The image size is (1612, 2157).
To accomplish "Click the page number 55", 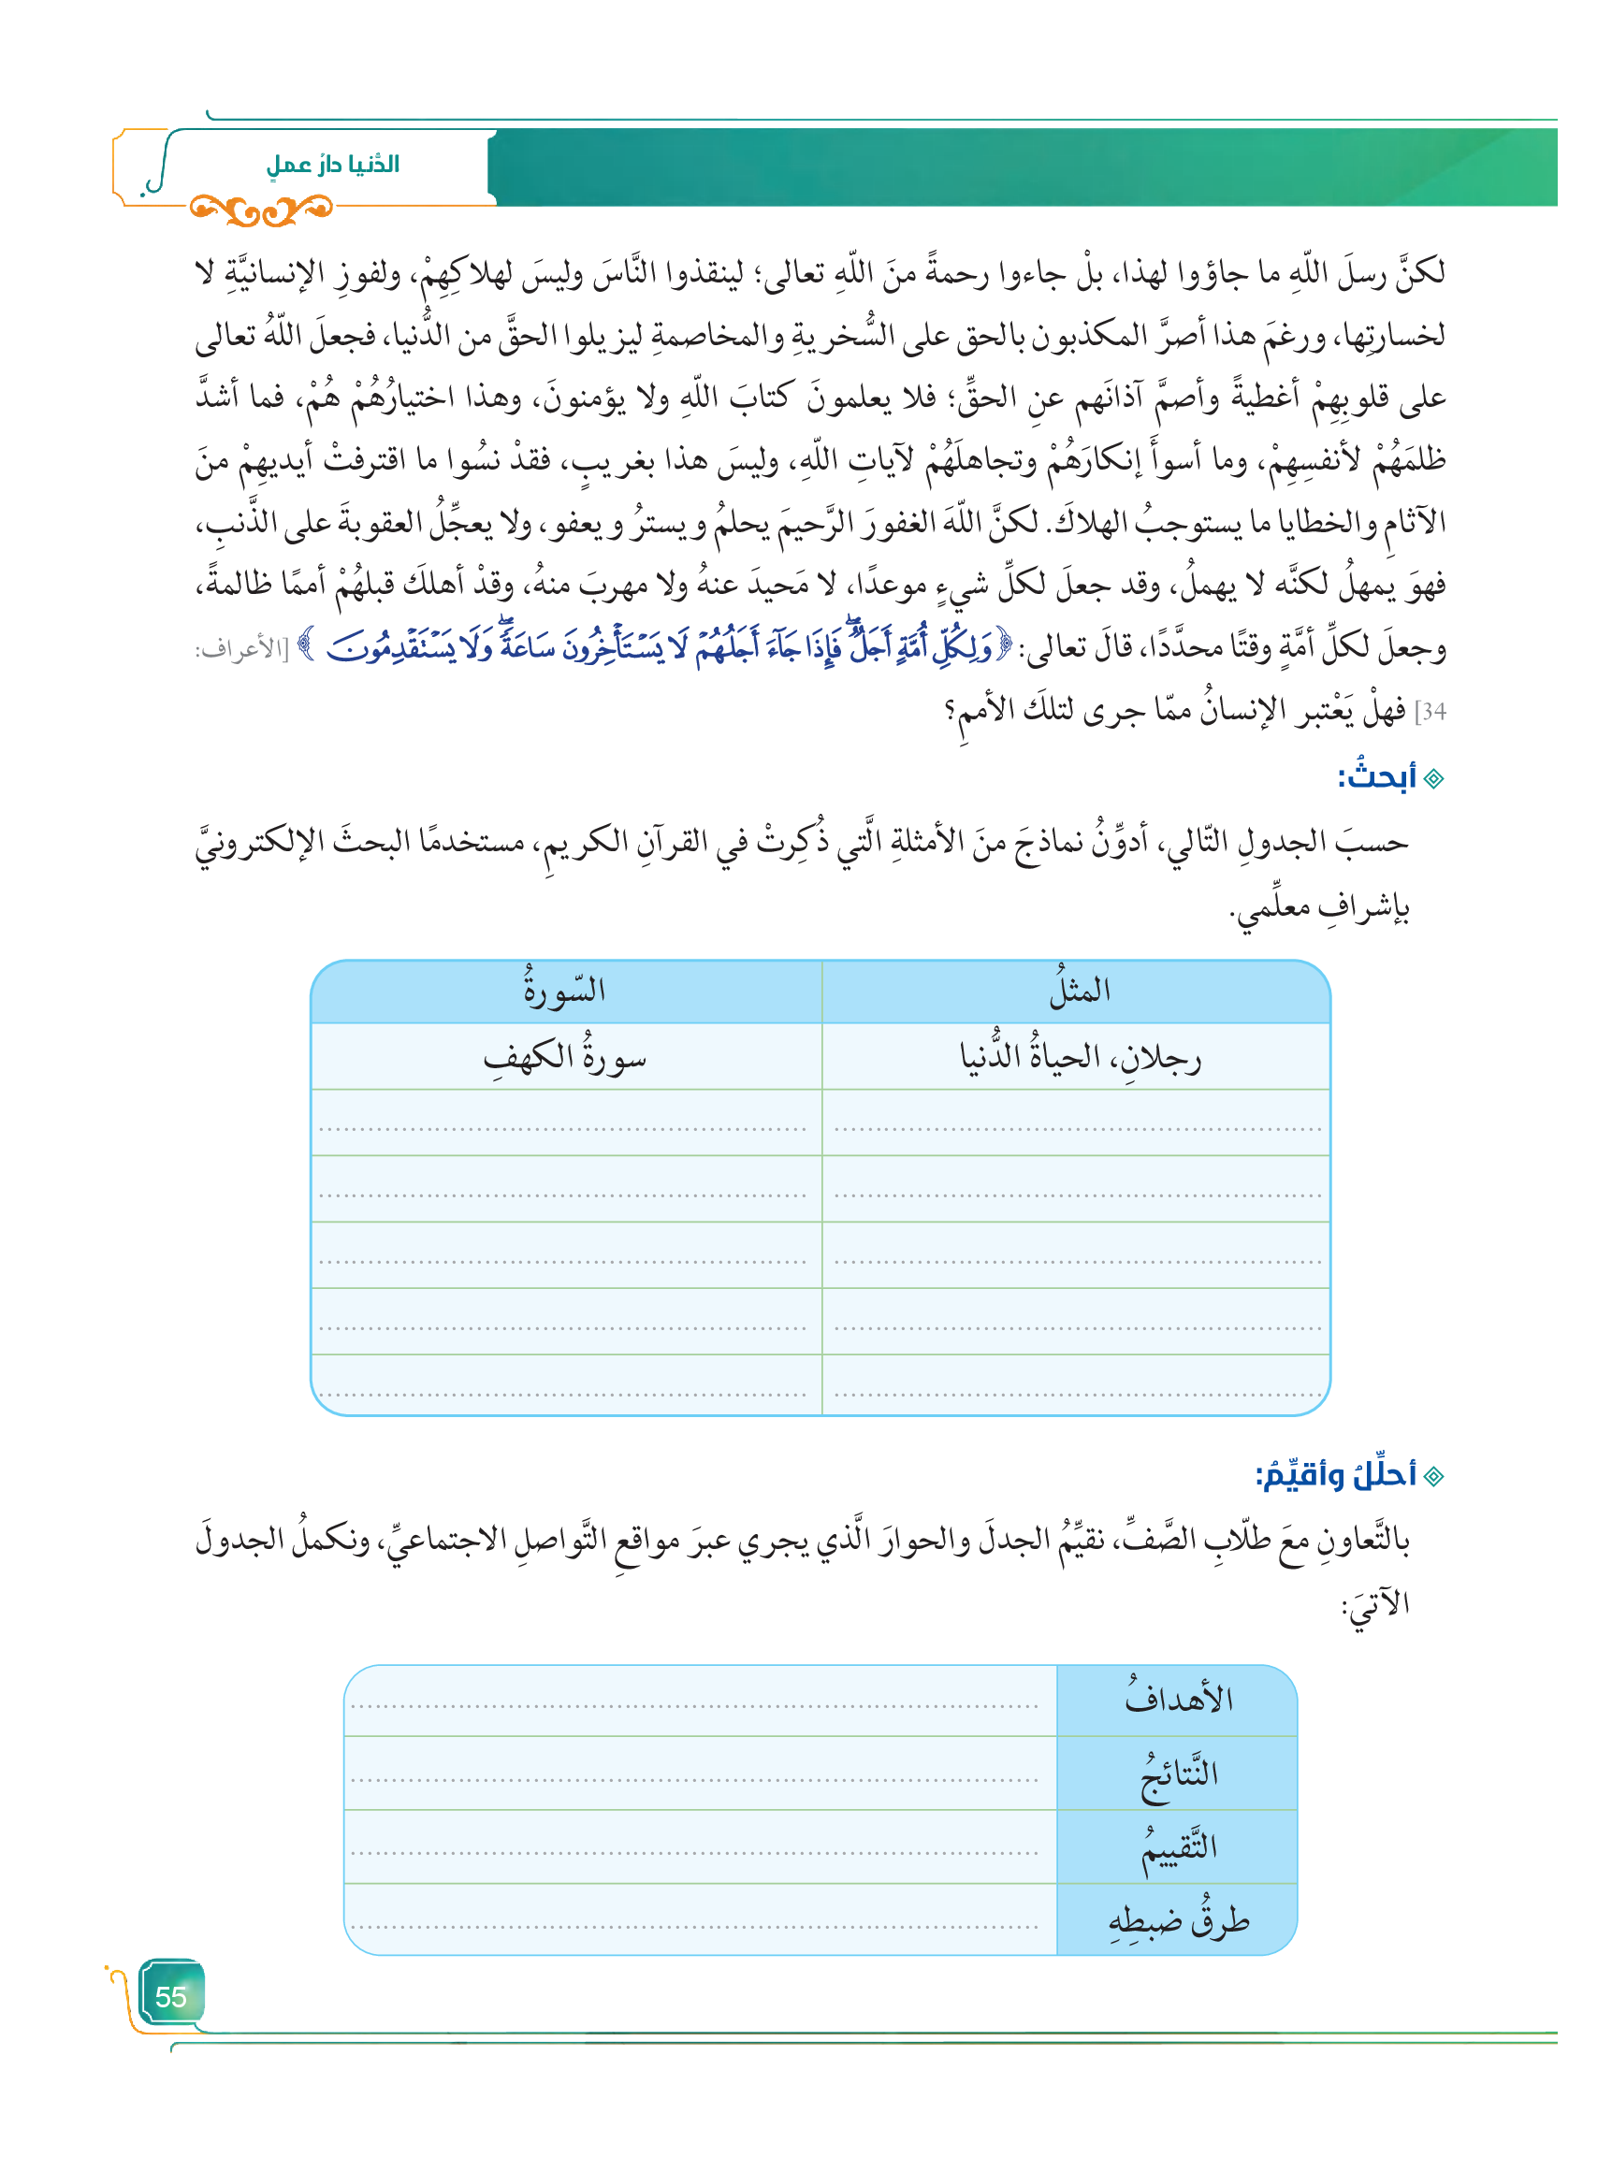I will point(170,1996).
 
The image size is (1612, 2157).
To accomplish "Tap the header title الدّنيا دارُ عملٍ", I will point(332,164).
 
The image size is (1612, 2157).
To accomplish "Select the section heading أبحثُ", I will point(1376,777).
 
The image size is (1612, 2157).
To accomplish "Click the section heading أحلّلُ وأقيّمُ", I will point(1335,1475).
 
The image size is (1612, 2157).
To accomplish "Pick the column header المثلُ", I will point(1080,991).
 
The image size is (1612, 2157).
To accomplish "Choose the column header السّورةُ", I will point(565,991).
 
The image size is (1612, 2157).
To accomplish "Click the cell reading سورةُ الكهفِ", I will point(565,1057).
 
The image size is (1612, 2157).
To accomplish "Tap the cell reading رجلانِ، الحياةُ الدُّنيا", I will point(1080,1057).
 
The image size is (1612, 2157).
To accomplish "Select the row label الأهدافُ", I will point(1178,1700).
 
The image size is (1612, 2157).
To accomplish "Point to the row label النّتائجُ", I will point(1178,1773).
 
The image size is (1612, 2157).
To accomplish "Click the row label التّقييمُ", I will point(1178,1846).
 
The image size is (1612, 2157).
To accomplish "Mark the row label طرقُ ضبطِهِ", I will point(1178,1921).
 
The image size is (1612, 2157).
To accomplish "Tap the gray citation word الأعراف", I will point(237,650).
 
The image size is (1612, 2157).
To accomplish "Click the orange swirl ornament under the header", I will point(261,209).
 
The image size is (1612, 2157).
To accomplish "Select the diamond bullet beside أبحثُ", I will point(1433,778).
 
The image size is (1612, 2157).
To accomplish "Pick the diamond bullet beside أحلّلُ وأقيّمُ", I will point(1433,1476).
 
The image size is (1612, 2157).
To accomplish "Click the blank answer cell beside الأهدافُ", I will point(699,1700).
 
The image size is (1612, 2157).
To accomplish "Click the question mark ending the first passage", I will point(949,711).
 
